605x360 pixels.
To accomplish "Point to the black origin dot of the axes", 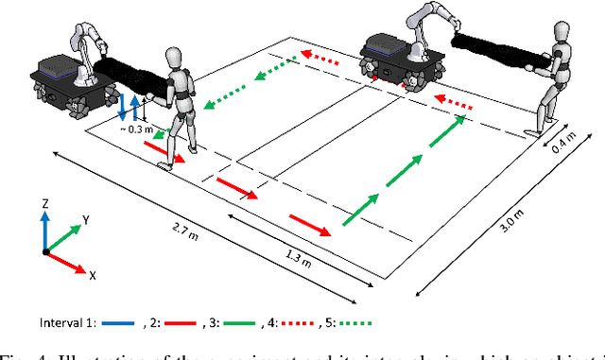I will point(45,251).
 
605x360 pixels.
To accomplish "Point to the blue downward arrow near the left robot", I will point(122,103).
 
